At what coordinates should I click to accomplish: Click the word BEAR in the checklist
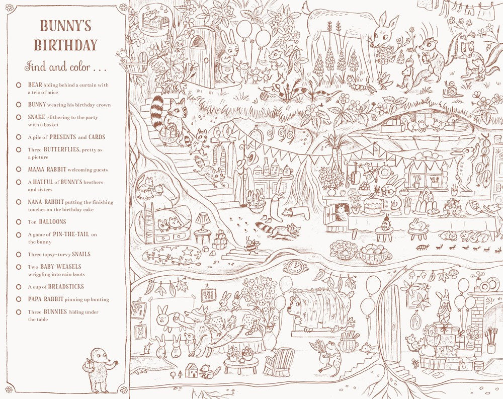[x=35, y=85]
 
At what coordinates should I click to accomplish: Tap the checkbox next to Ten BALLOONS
[x=19, y=222]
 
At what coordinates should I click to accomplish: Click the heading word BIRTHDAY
[x=65, y=45]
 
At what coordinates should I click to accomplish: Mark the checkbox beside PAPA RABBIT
[x=19, y=300]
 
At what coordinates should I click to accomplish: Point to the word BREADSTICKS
[x=66, y=287]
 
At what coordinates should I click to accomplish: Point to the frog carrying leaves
[x=330, y=355]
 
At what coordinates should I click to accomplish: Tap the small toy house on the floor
[x=192, y=371]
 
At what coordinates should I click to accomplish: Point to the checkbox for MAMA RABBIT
[x=19, y=170]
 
